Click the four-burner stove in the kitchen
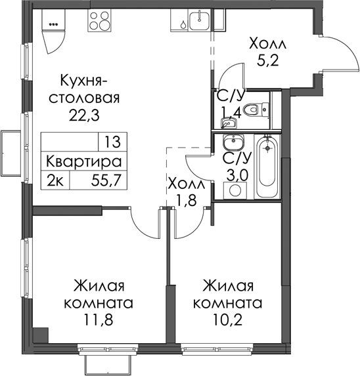pos(100,21)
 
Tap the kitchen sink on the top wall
pos(199,20)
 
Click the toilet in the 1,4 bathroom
pos(256,110)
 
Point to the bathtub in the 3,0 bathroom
pos(267,167)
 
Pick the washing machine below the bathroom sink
pos(235,190)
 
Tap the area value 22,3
pos(84,115)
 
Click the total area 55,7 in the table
pos(105,180)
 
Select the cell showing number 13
pos(112,142)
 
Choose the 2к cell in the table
pos(55,180)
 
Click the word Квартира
pos(84,161)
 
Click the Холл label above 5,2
pos(267,44)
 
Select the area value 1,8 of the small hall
pos(186,199)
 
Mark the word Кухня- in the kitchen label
pos(84,81)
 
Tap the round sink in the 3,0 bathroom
pos(233,142)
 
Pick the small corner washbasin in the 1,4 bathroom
pos(228,123)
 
